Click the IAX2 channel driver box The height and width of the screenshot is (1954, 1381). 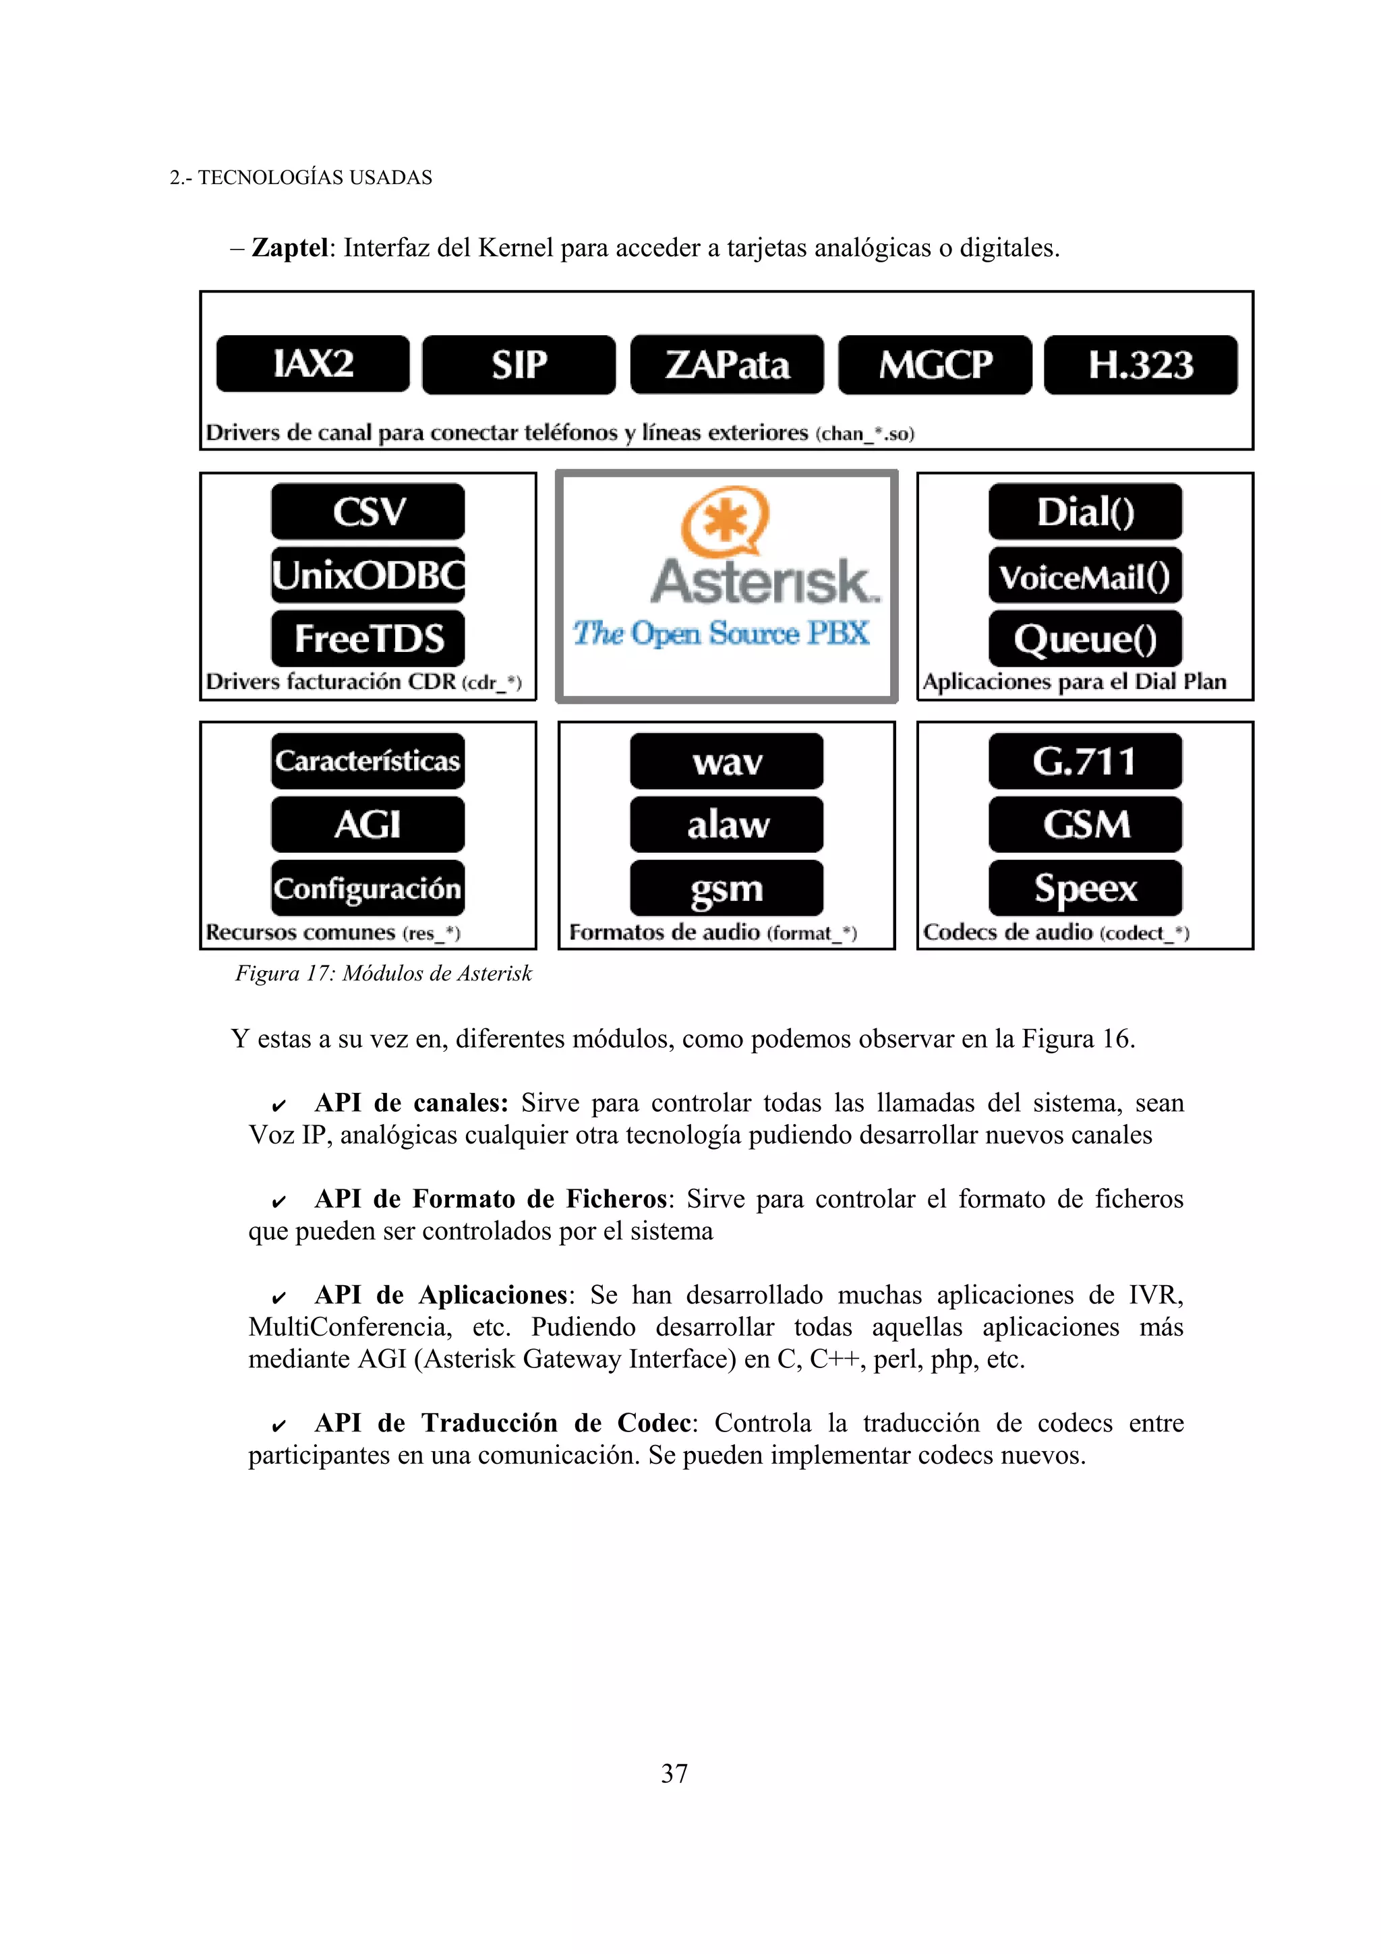pos(312,364)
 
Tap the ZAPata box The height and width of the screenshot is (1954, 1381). pos(727,365)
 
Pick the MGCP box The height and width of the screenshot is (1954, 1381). pos(935,365)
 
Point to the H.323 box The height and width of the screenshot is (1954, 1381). pos(1140,365)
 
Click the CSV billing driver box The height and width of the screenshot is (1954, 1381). pos(368,512)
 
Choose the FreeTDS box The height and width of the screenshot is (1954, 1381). pos(368,639)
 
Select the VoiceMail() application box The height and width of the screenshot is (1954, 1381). pos(1085,576)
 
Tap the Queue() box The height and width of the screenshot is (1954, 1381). pos(1085,639)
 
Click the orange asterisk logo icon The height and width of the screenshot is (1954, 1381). pos(725,520)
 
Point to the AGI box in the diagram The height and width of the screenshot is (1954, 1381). pos(368,824)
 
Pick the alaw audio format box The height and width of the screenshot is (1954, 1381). pos(727,824)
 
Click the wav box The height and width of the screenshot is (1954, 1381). pos(727,761)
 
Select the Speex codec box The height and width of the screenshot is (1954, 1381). pos(1085,887)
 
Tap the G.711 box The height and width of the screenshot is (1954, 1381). pos(1085,761)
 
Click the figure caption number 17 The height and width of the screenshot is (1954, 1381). pos(319,974)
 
